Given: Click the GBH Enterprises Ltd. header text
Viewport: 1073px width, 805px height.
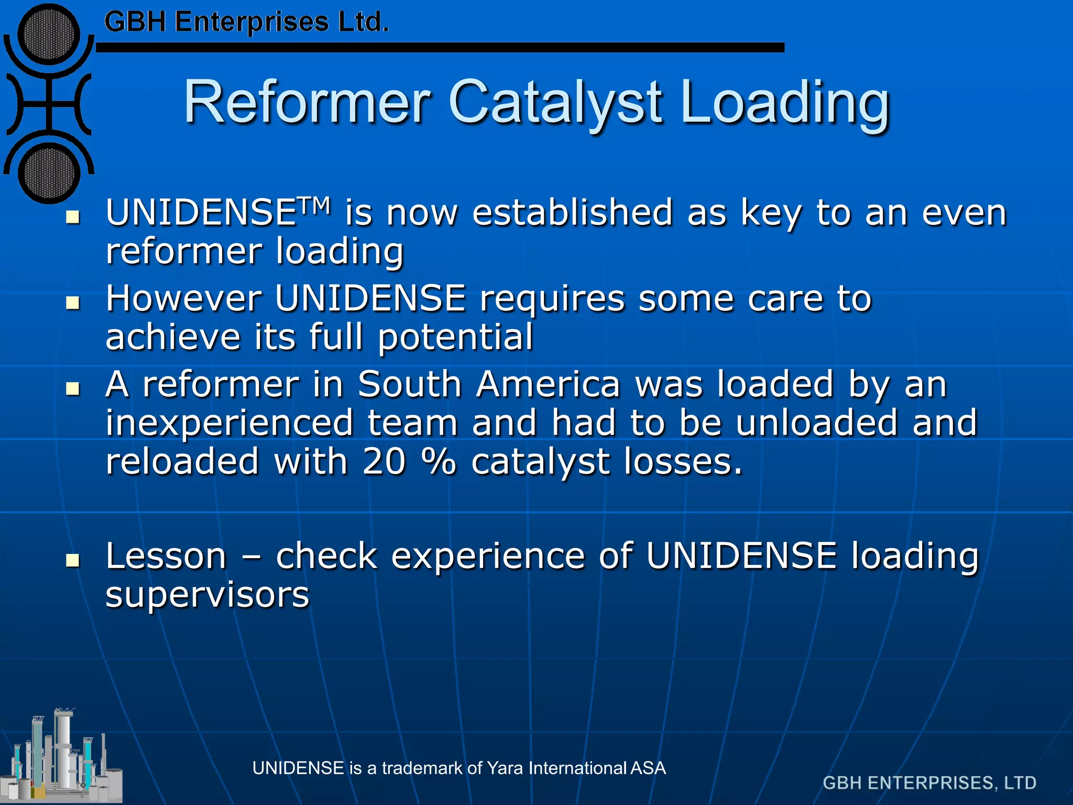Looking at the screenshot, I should pos(246,23).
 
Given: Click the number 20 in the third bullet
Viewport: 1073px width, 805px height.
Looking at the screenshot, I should pos(384,462).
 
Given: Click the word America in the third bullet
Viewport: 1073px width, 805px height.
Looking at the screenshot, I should pos(548,384).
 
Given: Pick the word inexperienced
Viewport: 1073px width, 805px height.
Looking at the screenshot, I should pos(229,423).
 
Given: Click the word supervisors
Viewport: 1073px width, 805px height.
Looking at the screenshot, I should pos(207,595).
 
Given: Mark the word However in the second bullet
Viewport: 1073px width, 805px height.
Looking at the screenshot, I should pos(183,298).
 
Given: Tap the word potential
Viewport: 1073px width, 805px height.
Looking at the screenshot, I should pos(455,337).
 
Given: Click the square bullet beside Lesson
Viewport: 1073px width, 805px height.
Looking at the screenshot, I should pos(73,560).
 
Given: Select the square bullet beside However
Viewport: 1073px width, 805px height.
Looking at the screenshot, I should pos(73,302).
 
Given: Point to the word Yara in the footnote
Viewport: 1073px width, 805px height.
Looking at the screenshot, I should pos(506,768).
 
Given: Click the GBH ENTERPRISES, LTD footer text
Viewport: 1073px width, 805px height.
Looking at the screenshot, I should pos(929,783).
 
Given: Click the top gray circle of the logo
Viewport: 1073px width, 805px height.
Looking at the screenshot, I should pos(49,35).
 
